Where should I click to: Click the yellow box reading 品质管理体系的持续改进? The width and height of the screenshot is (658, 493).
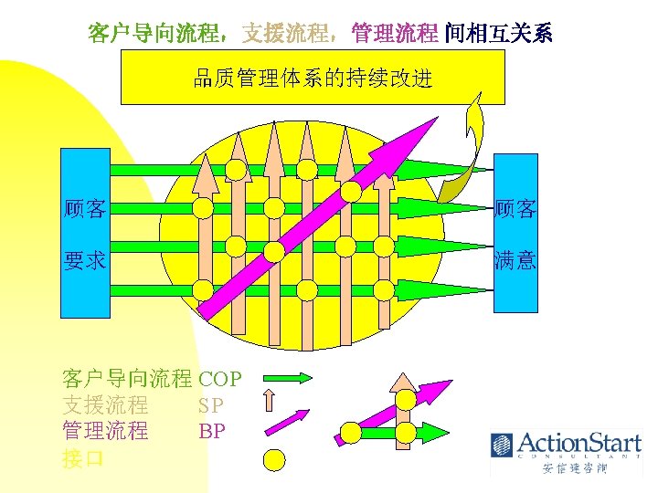pyautogui.click(x=313, y=78)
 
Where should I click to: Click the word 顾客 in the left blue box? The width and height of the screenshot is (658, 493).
pyautogui.click(x=84, y=209)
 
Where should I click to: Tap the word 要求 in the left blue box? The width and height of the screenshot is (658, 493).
pyautogui.click(x=84, y=262)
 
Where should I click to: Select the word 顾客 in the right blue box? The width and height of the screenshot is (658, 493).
pyautogui.click(x=515, y=209)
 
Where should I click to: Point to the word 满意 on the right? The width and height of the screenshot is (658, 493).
pyautogui.click(x=515, y=261)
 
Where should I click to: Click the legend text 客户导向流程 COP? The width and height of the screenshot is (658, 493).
pyautogui.click(x=151, y=378)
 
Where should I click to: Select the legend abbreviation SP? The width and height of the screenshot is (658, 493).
pyautogui.click(x=211, y=404)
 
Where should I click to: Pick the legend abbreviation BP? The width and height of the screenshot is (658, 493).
pyautogui.click(x=211, y=431)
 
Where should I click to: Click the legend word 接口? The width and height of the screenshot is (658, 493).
pyautogui.click(x=83, y=458)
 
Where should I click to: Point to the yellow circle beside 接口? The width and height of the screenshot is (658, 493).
pyautogui.click(x=276, y=459)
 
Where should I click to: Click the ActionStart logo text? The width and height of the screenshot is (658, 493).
pyautogui.click(x=579, y=444)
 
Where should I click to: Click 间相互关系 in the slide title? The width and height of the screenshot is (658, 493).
pyautogui.click(x=499, y=34)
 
